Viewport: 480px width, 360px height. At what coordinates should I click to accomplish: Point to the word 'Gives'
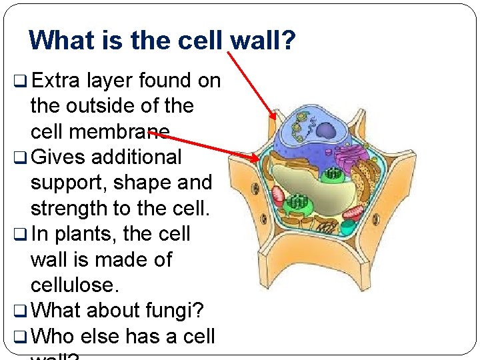(57, 157)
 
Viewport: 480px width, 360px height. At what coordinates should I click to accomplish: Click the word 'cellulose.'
(73, 285)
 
